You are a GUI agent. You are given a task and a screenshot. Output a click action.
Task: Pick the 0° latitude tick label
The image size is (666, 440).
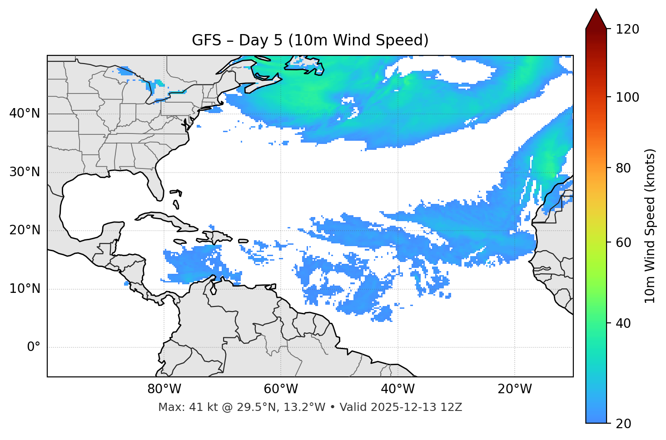pos(34,347)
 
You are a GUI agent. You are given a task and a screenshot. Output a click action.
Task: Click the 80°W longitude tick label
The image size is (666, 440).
pos(164,389)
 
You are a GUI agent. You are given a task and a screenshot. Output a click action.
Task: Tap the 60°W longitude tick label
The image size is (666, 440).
pos(281,389)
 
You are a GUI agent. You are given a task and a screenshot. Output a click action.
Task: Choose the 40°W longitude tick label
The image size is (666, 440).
pos(398,389)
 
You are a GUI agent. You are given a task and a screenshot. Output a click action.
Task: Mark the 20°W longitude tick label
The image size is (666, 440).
pos(515,389)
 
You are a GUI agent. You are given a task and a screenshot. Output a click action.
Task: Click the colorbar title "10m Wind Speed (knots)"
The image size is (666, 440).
pos(651,226)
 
